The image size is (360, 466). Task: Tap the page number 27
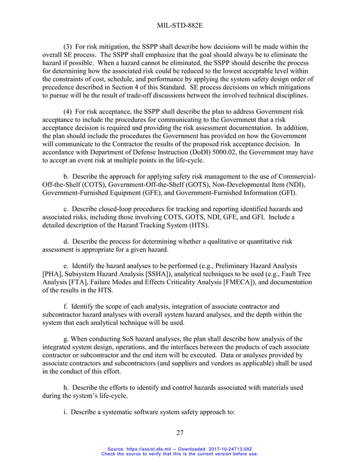click(x=179, y=433)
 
